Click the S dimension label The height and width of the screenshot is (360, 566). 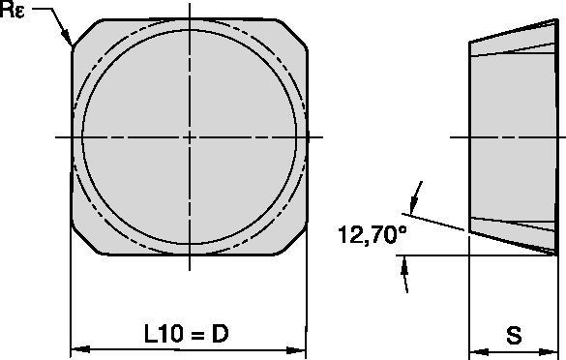pyautogui.click(x=515, y=336)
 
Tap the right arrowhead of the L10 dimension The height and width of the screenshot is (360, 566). pyautogui.click(x=301, y=348)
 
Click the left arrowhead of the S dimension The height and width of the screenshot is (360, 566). pyautogui.click(x=475, y=348)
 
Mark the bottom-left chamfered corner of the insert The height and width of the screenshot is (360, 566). pyautogui.click(x=83, y=246)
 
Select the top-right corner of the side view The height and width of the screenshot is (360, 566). pyautogui.click(x=559, y=20)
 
